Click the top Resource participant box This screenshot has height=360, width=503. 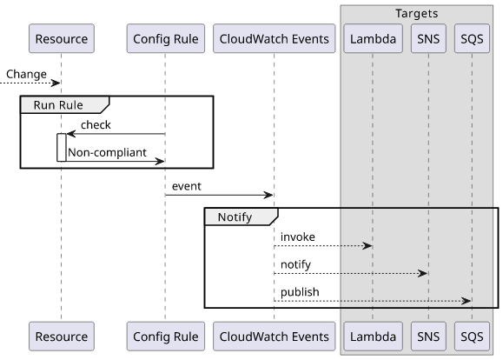62,38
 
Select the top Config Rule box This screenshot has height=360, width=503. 166,38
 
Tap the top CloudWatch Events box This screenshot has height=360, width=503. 275,38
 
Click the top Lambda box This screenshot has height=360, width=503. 373,38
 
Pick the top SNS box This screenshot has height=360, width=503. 428,38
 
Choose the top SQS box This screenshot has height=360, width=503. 472,38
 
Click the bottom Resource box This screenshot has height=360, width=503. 62,337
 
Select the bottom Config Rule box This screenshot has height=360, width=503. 166,337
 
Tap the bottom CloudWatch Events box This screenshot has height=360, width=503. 275,337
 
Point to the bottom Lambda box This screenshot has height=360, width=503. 373,337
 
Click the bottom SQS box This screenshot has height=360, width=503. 472,337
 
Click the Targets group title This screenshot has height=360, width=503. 417,14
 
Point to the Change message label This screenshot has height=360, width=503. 26,74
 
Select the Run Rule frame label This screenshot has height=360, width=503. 58,105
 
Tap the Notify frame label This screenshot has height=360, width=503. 235,217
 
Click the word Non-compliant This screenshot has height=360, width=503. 107,152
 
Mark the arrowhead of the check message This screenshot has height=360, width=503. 71,134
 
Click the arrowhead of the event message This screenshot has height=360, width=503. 268,195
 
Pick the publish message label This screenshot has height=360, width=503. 300,292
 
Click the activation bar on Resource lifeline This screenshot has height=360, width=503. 62,148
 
